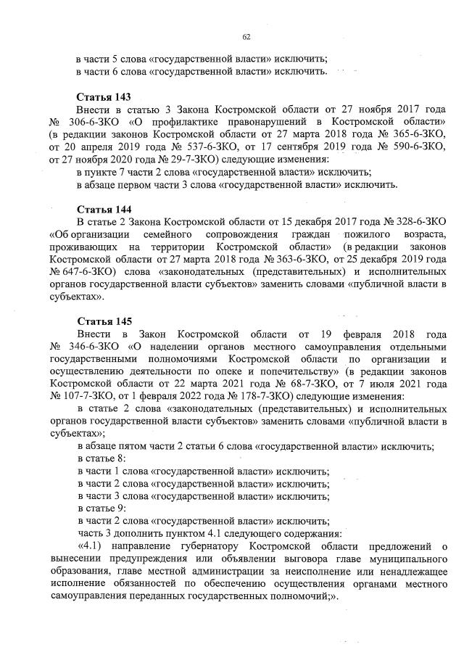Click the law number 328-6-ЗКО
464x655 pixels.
415,222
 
